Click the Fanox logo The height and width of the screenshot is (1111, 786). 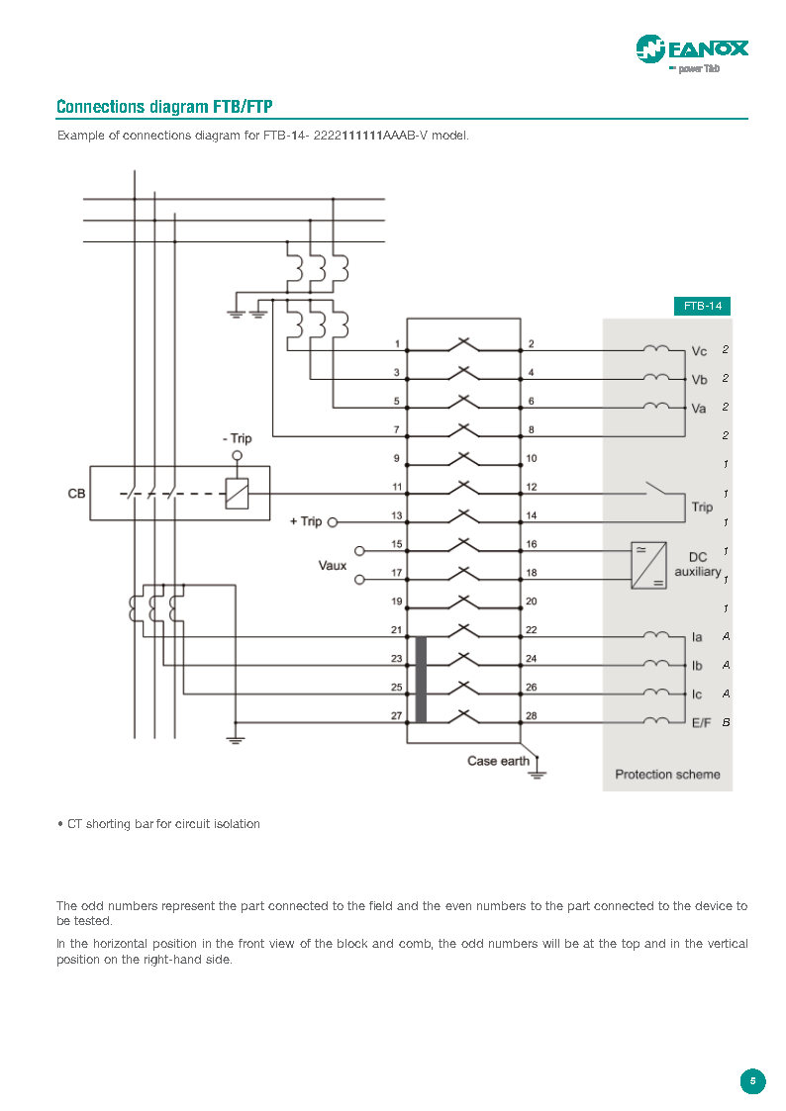691,49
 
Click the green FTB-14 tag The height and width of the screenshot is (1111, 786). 702,306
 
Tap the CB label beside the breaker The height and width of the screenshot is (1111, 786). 76,493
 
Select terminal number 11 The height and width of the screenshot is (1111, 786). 397,488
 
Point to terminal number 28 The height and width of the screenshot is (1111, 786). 532,715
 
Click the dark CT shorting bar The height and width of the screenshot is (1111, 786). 421,680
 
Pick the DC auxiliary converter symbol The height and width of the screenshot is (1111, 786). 648,565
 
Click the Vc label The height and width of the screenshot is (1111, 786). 699,351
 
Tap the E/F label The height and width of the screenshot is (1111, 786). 701,723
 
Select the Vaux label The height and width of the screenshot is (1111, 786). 332,566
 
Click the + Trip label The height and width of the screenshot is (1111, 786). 306,521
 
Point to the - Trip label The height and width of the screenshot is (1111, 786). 237,438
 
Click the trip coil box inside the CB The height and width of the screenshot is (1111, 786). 237,493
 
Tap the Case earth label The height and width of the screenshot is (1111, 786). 498,761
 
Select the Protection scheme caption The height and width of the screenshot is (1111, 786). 667,774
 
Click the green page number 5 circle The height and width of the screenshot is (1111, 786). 752,1081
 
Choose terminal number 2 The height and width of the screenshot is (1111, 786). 532,344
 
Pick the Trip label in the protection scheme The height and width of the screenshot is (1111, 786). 702,507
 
